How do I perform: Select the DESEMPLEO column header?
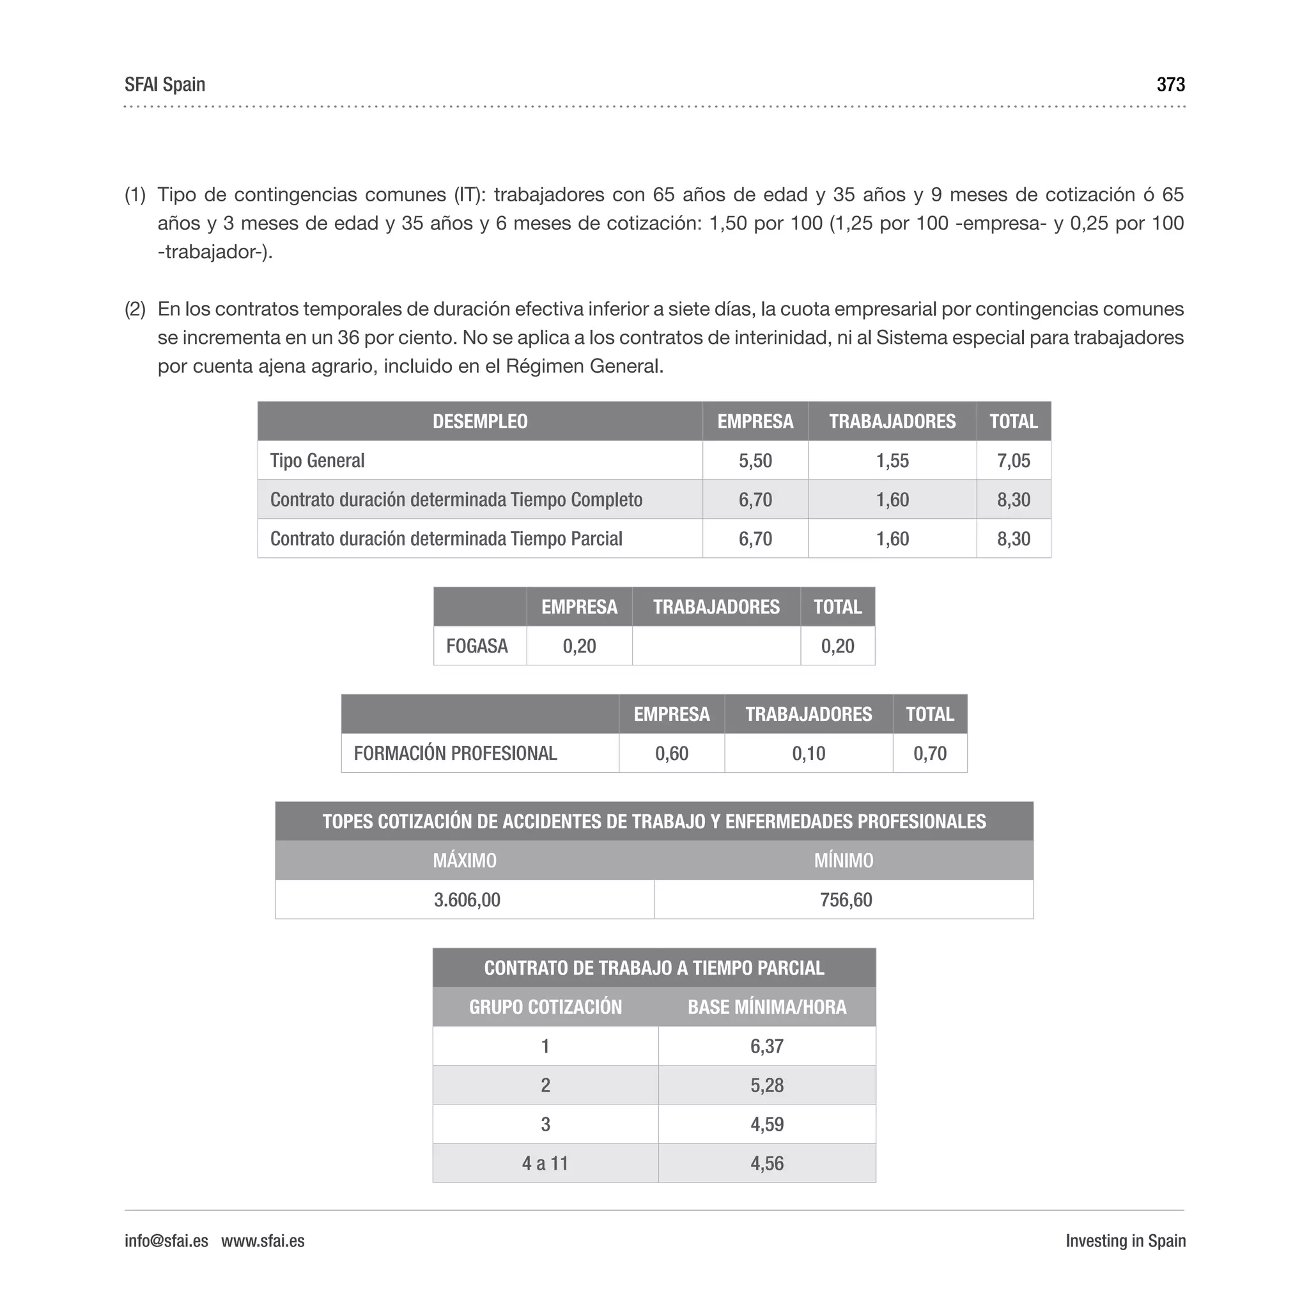coord(480,421)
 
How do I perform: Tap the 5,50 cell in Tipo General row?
coord(755,461)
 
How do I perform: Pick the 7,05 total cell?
coord(1013,461)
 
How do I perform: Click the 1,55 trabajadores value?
coord(892,461)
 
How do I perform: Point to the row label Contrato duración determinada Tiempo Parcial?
coord(446,539)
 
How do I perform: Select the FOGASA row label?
coord(476,646)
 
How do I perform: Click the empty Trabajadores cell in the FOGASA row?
coord(716,646)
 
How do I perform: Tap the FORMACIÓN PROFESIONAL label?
coord(455,753)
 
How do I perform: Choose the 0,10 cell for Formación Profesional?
coord(809,753)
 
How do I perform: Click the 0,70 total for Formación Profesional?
coord(929,753)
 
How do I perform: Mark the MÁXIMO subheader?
coord(465,860)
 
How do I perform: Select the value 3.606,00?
coord(467,900)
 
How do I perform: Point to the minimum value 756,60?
coord(846,900)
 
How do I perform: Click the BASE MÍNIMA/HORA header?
coord(766,1007)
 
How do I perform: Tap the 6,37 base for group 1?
coord(766,1046)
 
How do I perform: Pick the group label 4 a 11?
coord(545,1163)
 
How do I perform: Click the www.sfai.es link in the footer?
coord(263,1241)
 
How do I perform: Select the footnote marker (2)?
coord(135,309)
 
